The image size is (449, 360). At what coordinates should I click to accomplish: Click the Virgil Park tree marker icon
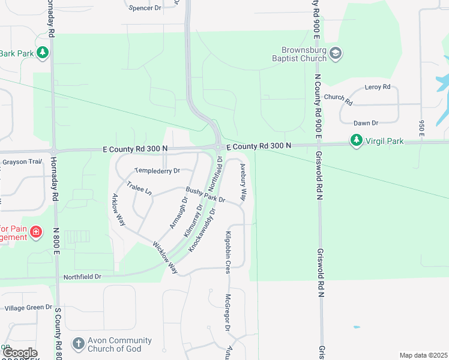357,142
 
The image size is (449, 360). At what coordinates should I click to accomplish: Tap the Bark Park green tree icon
43,53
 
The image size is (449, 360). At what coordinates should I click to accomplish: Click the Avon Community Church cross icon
78,344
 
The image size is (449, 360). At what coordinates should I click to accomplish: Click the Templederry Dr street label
157,171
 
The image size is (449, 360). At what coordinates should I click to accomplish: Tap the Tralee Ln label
140,189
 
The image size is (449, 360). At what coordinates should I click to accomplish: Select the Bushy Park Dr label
205,194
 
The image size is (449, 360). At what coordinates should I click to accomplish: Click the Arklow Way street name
119,209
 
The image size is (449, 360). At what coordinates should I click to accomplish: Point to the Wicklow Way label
166,257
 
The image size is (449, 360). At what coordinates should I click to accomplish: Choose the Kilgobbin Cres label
228,252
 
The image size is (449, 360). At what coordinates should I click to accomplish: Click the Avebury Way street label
243,182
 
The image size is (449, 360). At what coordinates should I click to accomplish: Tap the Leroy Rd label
378,87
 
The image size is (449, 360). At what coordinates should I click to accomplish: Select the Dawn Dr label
366,123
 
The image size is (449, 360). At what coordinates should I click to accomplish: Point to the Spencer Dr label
145,7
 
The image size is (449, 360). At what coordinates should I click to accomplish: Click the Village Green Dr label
28,308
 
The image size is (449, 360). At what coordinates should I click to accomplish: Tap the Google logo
19,353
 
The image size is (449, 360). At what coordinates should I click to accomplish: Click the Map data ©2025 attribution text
423,355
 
